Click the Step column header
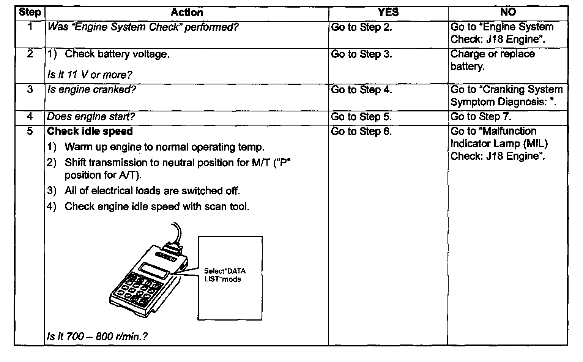click(30, 13)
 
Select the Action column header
click(187, 13)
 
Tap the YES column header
click(388, 13)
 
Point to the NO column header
click(508, 13)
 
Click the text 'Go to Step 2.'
click(361, 27)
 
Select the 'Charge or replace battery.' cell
click(492, 60)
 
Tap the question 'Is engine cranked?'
click(91, 90)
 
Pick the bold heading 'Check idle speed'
click(90, 132)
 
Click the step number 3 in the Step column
click(30, 90)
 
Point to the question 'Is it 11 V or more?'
click(89, 75)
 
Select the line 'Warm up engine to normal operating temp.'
click(164, 147)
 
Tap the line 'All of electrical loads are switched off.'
click(152, 191)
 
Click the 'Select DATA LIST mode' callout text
click(225, 275)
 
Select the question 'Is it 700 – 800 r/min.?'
click(97, 337)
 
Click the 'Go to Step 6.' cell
click(361, 132)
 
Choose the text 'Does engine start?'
click(91, 117)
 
